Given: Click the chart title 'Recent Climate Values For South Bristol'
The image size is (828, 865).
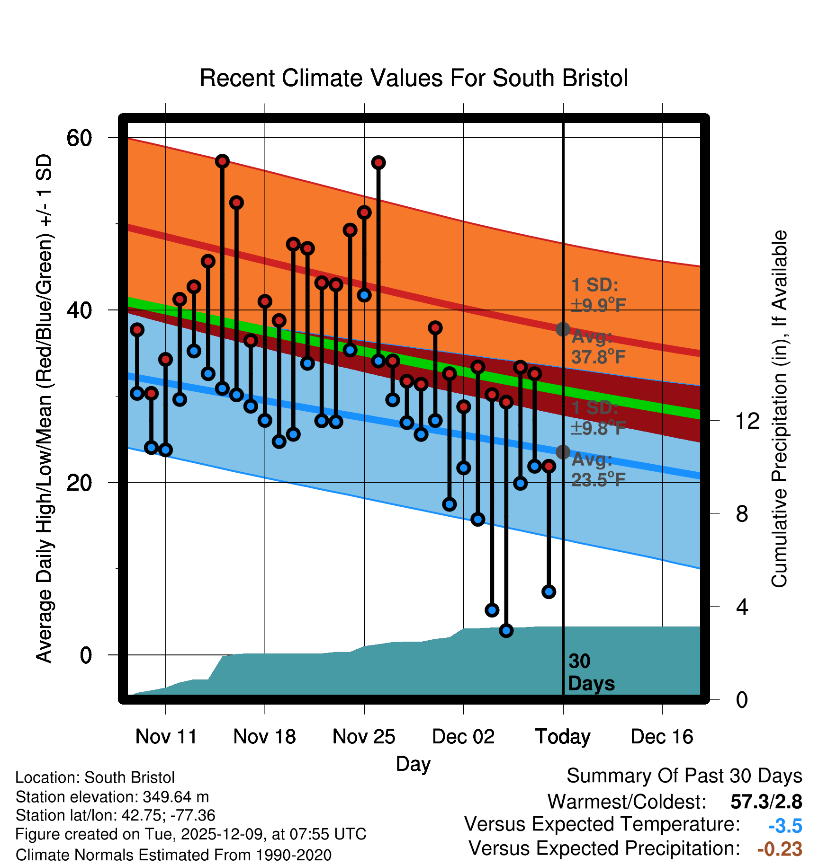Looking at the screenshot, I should coord(413,78).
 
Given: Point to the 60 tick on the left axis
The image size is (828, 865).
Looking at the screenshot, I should coord(79,138).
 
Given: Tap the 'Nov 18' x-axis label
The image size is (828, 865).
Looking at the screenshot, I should coord(264,736).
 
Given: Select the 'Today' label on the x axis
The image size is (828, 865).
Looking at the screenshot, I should coord(563,736).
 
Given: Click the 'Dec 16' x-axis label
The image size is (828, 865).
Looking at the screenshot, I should coord(662,736).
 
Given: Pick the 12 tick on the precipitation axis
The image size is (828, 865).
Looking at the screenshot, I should coord(747,421).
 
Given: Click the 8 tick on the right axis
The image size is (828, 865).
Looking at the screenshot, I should coord(742,514).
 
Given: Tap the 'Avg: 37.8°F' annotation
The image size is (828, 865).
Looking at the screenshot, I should coord(598,347).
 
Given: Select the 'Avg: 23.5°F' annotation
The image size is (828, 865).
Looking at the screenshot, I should coord(598,470).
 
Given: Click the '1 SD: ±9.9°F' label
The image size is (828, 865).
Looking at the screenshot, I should coord(598,295).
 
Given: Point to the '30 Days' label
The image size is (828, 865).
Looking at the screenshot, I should coord(591,672).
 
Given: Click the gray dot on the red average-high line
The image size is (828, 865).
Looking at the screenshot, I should coord(563,329).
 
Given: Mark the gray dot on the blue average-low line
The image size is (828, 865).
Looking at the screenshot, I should coord(563,452).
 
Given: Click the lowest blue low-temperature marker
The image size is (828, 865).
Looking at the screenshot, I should coord(506,630).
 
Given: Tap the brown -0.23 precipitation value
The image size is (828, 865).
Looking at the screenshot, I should coord(780,849).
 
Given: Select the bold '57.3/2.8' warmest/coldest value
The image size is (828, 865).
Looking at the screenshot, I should coord(766,802).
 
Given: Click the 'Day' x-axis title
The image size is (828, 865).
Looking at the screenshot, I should coord(413,764).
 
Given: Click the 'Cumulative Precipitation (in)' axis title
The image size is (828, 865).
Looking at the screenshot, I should coord(779,409).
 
